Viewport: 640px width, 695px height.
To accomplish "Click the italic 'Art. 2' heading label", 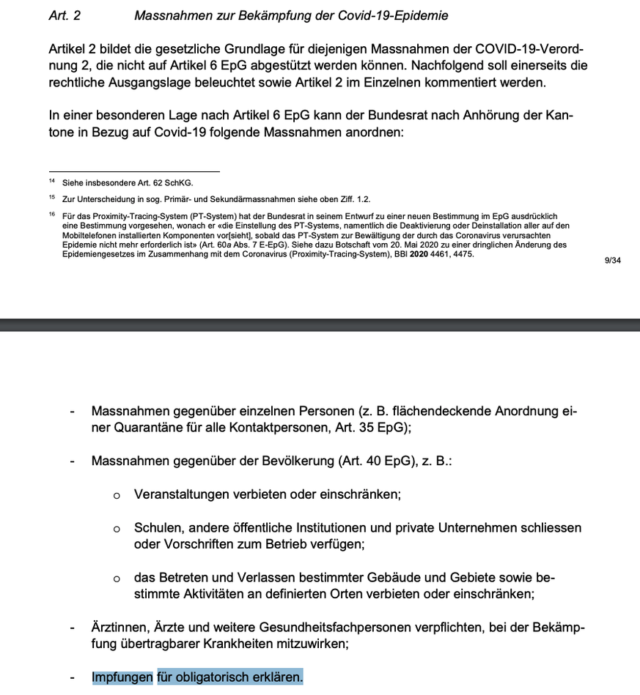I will click(65, 15).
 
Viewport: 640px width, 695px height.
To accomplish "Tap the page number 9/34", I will click(613, 260).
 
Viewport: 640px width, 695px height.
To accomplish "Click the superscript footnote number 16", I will click(52, 215).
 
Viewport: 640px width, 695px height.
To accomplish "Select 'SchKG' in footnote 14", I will click(181, 183).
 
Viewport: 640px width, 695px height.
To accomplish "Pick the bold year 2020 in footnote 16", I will click(419, 253).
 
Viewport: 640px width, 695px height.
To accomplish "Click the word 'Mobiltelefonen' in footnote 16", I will click(87, 236).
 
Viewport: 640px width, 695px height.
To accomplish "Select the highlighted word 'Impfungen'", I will click(122, 677).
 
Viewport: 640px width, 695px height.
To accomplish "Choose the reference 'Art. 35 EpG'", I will click(371, 428).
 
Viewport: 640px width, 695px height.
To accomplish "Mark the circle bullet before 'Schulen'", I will click(117, 529).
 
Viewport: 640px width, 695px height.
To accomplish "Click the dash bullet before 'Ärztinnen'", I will click(72, 628).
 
